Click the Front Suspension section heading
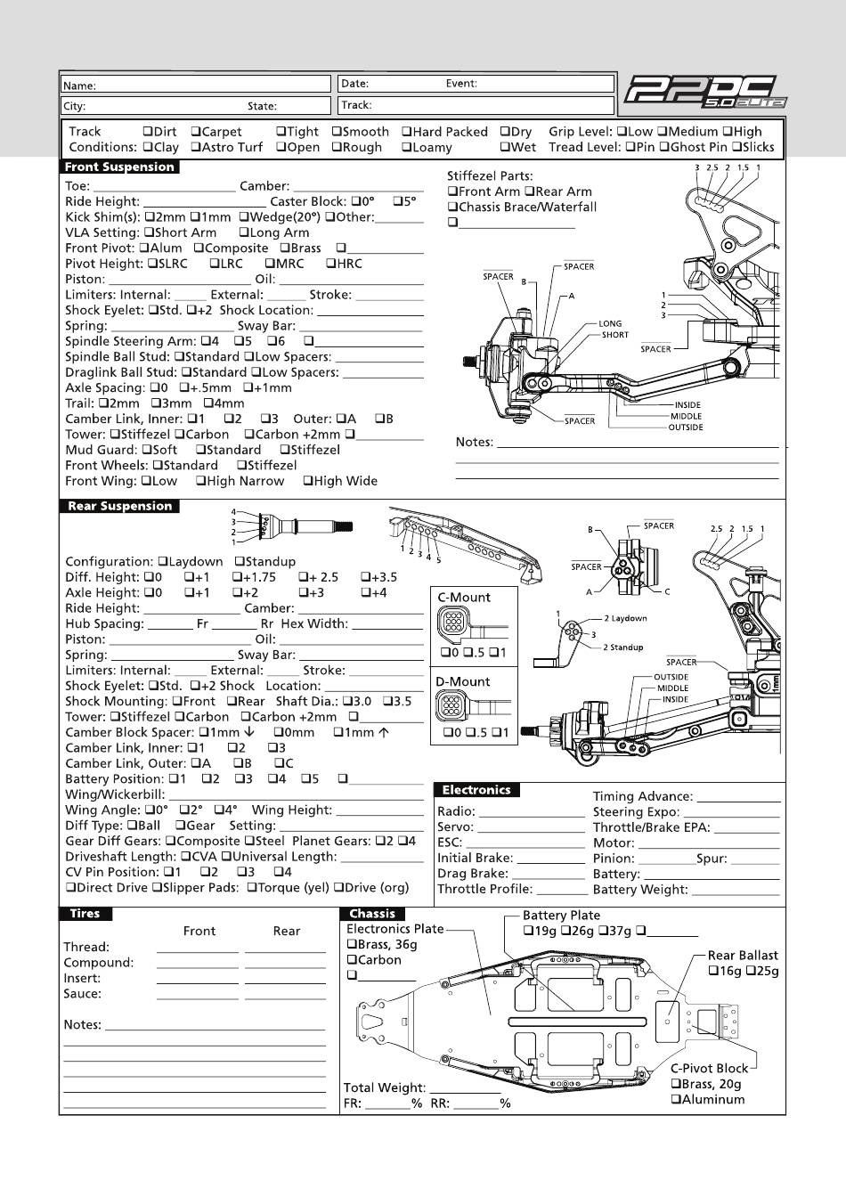[119, 167]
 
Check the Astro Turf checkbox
[196, 148]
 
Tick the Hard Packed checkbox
[406, 132]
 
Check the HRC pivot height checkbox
[330, 264]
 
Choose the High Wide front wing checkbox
[307, 481]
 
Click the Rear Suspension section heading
[119, 506]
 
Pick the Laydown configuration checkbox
[163, 562]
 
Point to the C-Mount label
[464, 598]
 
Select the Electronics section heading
[476, 790]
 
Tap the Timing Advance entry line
[737, 798]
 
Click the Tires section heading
[85, 914]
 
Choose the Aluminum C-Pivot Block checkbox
[676, 1100]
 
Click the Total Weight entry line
[465, 1088]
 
